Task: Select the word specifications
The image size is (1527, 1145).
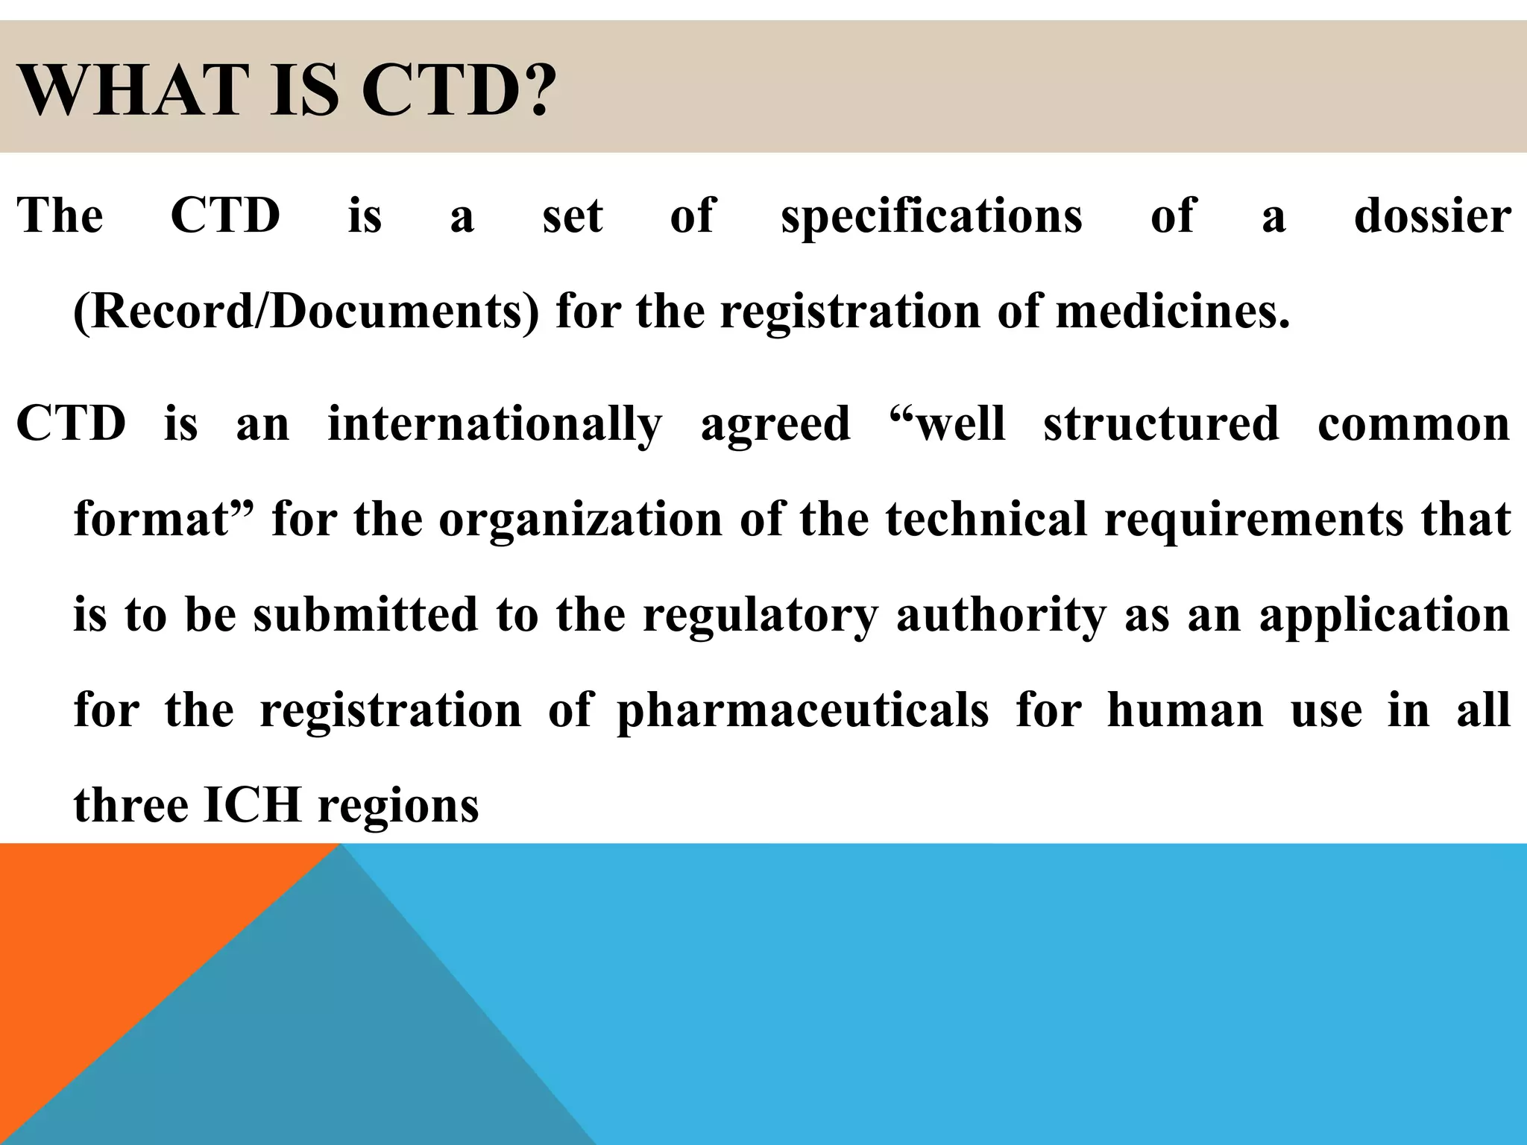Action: (931, 217)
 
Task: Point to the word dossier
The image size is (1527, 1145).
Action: (1432, 215)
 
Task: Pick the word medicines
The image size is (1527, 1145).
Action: (1172, 312)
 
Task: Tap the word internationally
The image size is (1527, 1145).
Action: (494, 425)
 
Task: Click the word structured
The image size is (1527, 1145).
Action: (1161, 423)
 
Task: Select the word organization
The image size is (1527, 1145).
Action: (580, 520)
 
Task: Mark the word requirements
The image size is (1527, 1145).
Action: (1253, 520)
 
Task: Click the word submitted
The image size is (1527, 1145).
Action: (365, 614)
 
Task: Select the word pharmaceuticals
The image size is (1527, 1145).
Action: (803, 711)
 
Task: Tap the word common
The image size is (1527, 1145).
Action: (1414, 423)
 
